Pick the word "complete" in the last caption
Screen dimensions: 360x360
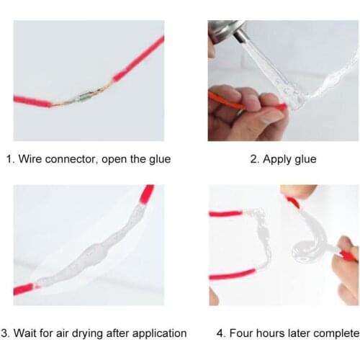335,333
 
